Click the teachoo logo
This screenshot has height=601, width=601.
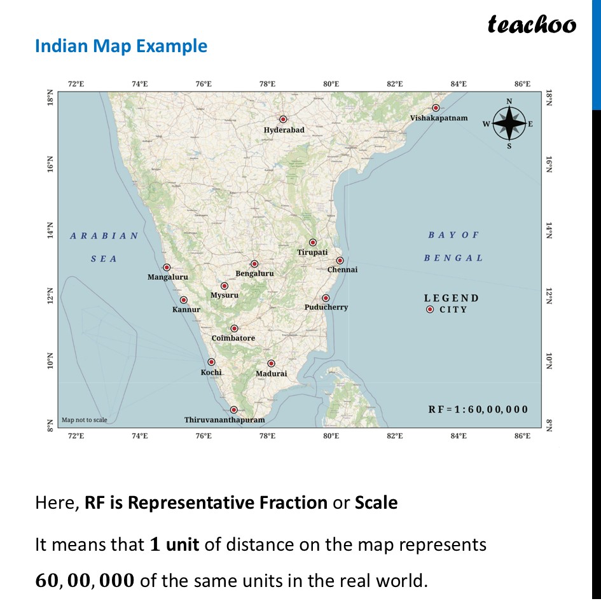[532, 24]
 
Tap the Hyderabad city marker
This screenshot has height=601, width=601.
[284, 120]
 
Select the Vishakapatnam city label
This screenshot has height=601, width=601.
[438, 118]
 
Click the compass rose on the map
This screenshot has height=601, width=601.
[509, 123]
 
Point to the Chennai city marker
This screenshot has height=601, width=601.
[340, 261]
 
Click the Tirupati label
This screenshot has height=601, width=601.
[312, 252]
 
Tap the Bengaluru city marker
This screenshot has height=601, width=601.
[254, 264]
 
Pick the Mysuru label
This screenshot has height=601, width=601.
[225, 295]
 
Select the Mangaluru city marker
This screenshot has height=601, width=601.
[167, 268]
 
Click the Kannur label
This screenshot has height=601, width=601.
[186, 310]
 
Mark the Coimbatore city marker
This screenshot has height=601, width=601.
[234, 329]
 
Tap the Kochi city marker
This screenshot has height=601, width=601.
[211, 363]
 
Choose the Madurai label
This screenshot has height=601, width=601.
[271, 374]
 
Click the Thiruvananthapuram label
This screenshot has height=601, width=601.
[225, 420]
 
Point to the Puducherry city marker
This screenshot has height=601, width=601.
[326, 298]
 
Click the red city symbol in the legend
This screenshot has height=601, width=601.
[430, 310]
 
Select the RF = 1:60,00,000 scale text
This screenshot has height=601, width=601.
[478, 410]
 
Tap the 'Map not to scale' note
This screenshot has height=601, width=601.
[85, 420]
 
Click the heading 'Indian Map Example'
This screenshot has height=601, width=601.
[121, 46]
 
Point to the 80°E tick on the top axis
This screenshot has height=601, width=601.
[331, 84]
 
